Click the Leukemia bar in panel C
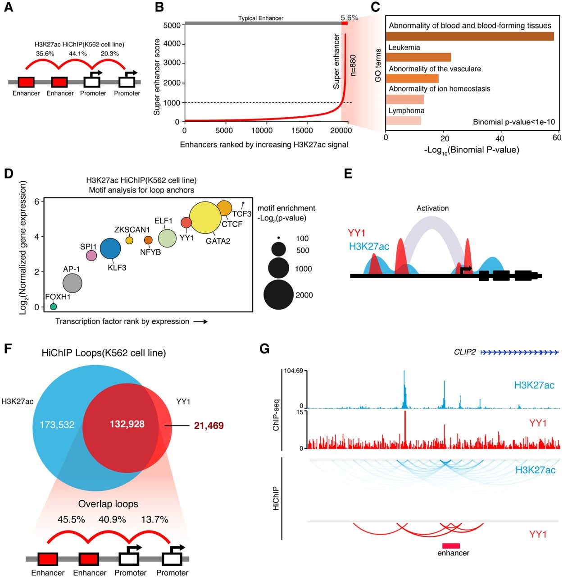click(x=418, y=57)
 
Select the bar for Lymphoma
click(x=403, y=121)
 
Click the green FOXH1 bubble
click(x=53, y=306)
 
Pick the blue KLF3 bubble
click(x=110, y=249)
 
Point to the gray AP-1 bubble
click(x=73, y=283)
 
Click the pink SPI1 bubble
click(x=91, y=255)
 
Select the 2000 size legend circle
click(x=278, y=294)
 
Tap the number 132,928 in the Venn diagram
click(x=127, y=424)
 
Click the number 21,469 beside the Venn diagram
click(x=209, y=426)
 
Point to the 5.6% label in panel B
click(x=350, y=18)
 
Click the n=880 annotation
click(x=353, y=65)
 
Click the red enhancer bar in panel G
click(x=451, y=545)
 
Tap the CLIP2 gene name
click(x=465, y=352)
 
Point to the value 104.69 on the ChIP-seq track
click(x=293, y=371)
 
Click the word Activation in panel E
click(x=433, y=208)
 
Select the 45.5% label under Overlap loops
click(x=71, y=519)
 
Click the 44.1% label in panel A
click(x=78, y=54)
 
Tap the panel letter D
click(x=9, y=174)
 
